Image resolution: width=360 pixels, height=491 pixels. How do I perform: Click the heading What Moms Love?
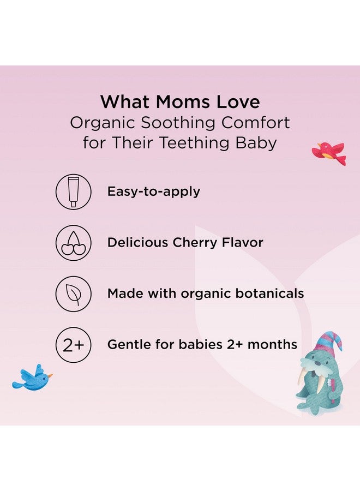coord(180,101)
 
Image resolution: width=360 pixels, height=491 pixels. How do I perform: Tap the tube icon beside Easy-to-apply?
coord(73,192)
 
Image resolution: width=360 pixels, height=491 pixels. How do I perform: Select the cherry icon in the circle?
coord(73,243)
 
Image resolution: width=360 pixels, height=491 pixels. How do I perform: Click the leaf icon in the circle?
coord(73,294)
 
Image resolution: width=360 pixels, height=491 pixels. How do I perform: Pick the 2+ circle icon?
coord(73,345)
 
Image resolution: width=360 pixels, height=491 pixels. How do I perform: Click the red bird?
coord(329,152)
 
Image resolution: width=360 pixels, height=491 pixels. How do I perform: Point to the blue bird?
coord(32,378)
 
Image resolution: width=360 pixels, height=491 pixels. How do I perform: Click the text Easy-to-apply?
coord(154,191)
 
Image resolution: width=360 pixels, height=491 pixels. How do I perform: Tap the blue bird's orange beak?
coord(50,375)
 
